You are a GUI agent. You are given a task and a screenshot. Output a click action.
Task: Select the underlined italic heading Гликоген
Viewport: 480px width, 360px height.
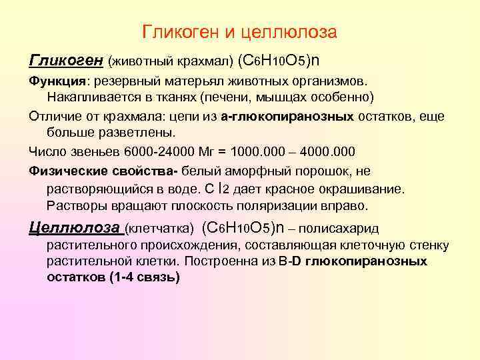click(65, 61)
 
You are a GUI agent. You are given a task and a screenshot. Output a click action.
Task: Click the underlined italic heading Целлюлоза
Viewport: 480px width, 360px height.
click(74, 227)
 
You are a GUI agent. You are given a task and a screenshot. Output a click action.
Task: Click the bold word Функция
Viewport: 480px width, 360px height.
click(57, 81)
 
